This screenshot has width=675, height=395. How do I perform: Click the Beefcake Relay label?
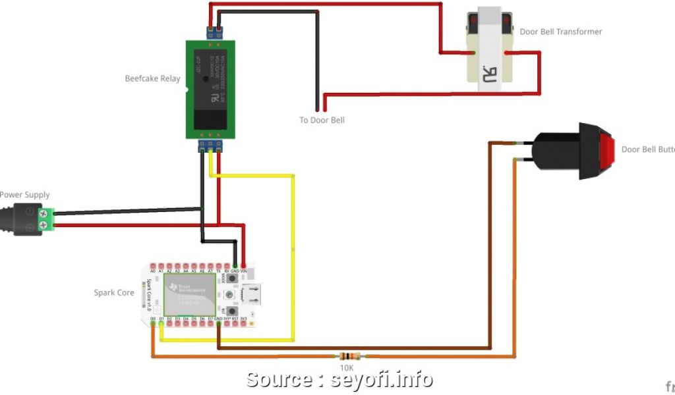pyautogui.click(x=152, y=79)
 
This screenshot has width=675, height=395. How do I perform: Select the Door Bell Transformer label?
pyautogui.click(x=560, y=32)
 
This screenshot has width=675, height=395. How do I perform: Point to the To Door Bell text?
pyautogui.click(x=322, y=120)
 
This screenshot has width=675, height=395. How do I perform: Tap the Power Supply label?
pyautogui.click(x=24, y=195)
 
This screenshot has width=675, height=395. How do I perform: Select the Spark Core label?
pyautogui.click(x=114, y=293)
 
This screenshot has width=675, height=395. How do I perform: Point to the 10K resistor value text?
pyautogui.click(x=347, y=367)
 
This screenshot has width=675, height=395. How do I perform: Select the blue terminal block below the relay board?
pyautogui.click(x=210, y=145)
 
